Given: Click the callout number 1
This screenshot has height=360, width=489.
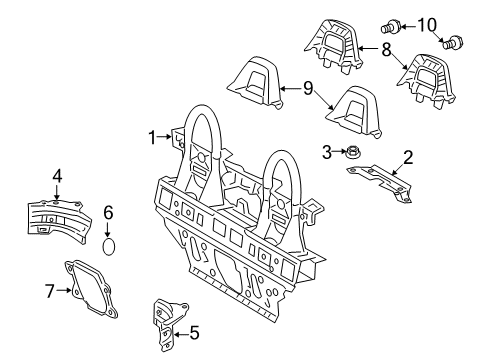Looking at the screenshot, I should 154,137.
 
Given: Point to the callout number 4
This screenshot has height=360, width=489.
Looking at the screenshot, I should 57,177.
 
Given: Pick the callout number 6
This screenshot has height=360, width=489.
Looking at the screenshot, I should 109,213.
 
